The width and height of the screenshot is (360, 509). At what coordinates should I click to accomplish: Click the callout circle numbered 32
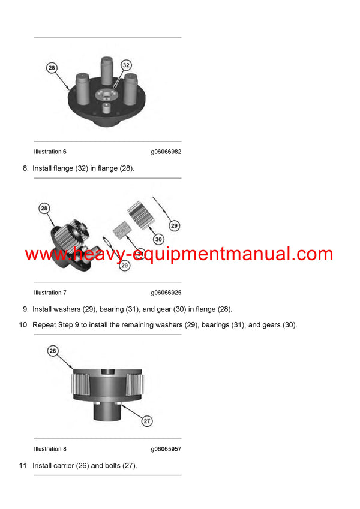tap(126, 65)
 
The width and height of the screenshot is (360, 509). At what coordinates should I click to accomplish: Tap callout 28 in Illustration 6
tap(52, 68)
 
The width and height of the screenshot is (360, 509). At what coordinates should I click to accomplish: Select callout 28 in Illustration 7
tap(44, 209)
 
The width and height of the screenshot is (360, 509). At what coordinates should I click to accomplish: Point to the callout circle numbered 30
tap(158, 239)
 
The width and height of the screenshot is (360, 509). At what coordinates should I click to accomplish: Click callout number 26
tap(52, 351)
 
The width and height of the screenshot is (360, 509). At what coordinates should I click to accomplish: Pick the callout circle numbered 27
tap(147, 421)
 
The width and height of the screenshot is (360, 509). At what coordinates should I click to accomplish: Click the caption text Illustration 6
tap(50, 152)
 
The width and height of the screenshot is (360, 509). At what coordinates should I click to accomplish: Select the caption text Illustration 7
tap(50, 293)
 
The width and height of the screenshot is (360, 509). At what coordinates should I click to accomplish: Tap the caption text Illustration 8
tap(50, 449)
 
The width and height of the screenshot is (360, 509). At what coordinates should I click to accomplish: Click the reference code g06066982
tap(166, 152)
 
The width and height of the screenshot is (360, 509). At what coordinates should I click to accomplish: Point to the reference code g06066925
tap(166, 293)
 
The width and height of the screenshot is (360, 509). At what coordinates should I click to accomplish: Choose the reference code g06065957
tap(166, 449)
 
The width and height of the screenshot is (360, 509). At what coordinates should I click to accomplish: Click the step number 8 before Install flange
tap(25, 168)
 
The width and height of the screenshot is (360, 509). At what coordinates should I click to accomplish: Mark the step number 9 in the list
tap(25, 309)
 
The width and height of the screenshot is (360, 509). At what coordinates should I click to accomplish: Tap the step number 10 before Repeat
tap(23, 325)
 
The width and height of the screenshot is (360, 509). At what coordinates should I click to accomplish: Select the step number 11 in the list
tap(23, 465)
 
